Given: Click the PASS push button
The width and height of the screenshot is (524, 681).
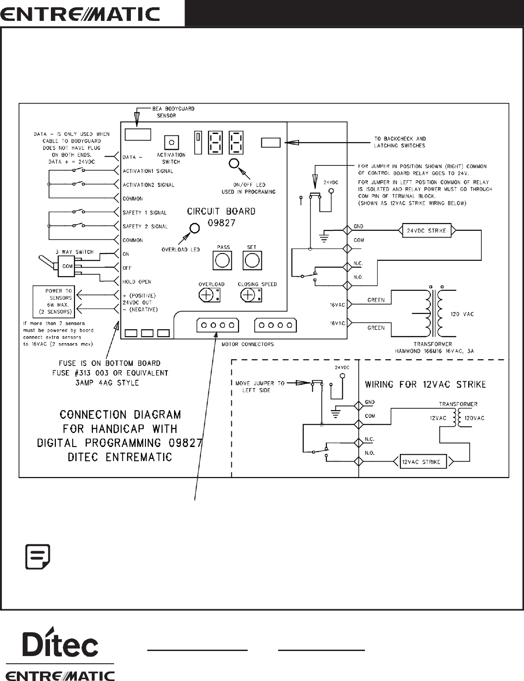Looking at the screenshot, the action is pos(222,260).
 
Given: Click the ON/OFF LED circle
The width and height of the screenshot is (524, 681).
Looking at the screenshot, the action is pos(234,164).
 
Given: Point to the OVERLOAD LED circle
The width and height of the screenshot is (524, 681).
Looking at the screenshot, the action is pos(195,228).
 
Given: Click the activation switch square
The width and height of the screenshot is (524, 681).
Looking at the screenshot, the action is pos(171,143).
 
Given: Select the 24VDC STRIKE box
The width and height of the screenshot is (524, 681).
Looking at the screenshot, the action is pos(427,231).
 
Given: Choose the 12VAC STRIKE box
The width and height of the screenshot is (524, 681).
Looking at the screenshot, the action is pos(423,462).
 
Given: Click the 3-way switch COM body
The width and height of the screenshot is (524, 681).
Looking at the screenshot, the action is pos(66,266).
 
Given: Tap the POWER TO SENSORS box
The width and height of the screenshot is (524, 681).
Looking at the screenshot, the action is pos(54,302).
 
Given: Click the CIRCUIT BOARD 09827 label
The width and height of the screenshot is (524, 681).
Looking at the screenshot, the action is pos(221,217).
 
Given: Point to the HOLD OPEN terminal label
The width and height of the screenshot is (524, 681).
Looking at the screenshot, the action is pos(137,282).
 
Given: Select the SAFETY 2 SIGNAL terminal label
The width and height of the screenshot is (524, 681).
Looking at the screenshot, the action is pos(145,226).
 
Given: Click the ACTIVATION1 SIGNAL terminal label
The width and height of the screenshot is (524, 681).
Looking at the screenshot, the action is pos(148,171).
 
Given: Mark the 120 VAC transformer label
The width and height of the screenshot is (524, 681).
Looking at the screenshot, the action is pos(462,314).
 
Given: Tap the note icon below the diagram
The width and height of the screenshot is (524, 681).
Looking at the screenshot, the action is pos(38,557).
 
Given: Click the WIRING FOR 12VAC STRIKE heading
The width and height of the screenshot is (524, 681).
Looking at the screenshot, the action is pos(425,384).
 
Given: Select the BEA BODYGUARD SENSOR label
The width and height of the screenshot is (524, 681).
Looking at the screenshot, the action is pos(173,112).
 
